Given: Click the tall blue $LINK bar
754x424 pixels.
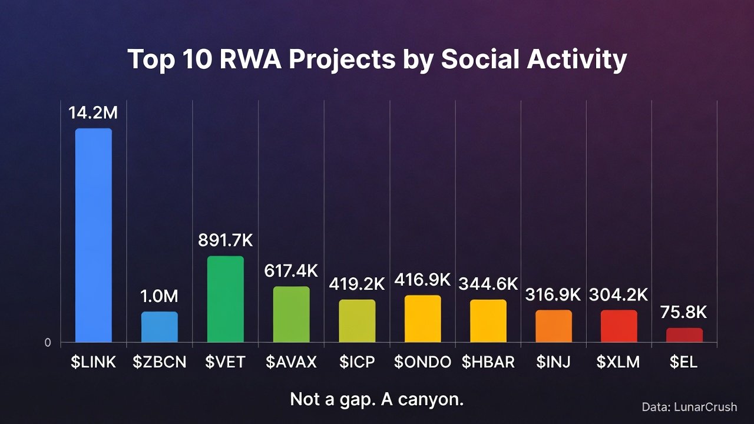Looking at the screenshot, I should [93, 235].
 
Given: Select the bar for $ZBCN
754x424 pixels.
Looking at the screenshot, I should [159, 327].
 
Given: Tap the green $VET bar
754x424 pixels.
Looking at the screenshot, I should [225, 299].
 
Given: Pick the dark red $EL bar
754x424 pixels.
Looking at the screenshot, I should [684, 335].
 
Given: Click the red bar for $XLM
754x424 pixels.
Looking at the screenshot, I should [619, 326].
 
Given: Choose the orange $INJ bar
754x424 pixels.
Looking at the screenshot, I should [553, 326].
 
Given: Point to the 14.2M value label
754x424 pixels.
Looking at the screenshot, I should [93, 112].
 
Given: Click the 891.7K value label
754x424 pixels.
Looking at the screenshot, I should [225, 240].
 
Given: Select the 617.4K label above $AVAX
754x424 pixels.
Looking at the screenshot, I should [290, 271].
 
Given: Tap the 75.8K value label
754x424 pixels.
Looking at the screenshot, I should [684, 312].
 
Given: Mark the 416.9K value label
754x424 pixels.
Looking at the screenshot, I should [422, 280].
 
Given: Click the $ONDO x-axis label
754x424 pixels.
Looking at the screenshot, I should [422, 362].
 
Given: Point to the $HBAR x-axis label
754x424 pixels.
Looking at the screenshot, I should [488, 362].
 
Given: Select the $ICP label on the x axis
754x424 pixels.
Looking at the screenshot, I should [356, 362].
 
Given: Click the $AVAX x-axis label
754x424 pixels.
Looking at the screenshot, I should [290, 362].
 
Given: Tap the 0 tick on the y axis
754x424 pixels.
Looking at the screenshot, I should [48, 343].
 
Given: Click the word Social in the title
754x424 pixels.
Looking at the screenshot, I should [479, 59].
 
